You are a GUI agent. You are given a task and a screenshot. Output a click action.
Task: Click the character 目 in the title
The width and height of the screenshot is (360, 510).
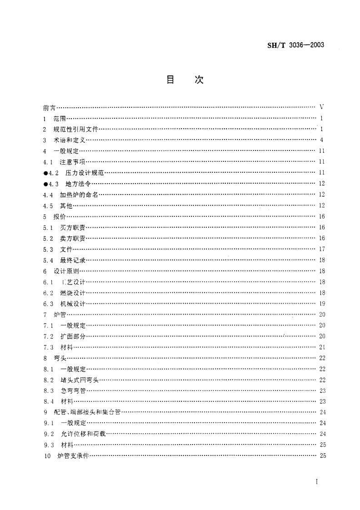(x=171, y=80)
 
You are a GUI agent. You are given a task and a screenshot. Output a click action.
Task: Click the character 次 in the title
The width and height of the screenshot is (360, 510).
(x=199, y=80)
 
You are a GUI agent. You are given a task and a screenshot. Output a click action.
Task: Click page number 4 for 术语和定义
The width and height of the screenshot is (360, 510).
(x=321, y=140)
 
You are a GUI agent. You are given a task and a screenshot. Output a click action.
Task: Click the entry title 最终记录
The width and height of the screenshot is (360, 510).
(x=72, y=260)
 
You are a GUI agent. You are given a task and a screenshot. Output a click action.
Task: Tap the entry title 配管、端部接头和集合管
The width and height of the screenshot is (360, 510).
(x=87, y=412)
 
